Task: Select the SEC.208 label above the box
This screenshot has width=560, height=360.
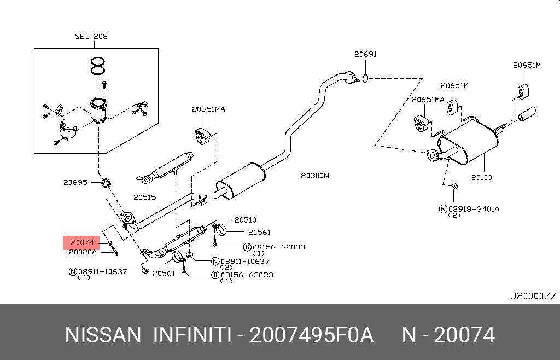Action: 91,37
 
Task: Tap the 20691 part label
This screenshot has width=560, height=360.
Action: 365,54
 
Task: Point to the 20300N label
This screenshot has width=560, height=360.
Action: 315,176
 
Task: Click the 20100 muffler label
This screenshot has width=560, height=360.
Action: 482,177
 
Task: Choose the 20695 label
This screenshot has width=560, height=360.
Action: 75,182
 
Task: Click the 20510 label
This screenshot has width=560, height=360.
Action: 246,220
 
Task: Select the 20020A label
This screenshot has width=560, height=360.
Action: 83,252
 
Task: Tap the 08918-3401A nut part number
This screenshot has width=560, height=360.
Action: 474,208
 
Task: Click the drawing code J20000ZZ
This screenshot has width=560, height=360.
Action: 533,296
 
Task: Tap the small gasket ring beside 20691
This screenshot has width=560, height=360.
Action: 366,78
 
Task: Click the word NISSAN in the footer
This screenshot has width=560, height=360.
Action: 103,335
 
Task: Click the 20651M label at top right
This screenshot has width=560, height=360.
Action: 526,65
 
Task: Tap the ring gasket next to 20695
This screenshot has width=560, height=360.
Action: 107,182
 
